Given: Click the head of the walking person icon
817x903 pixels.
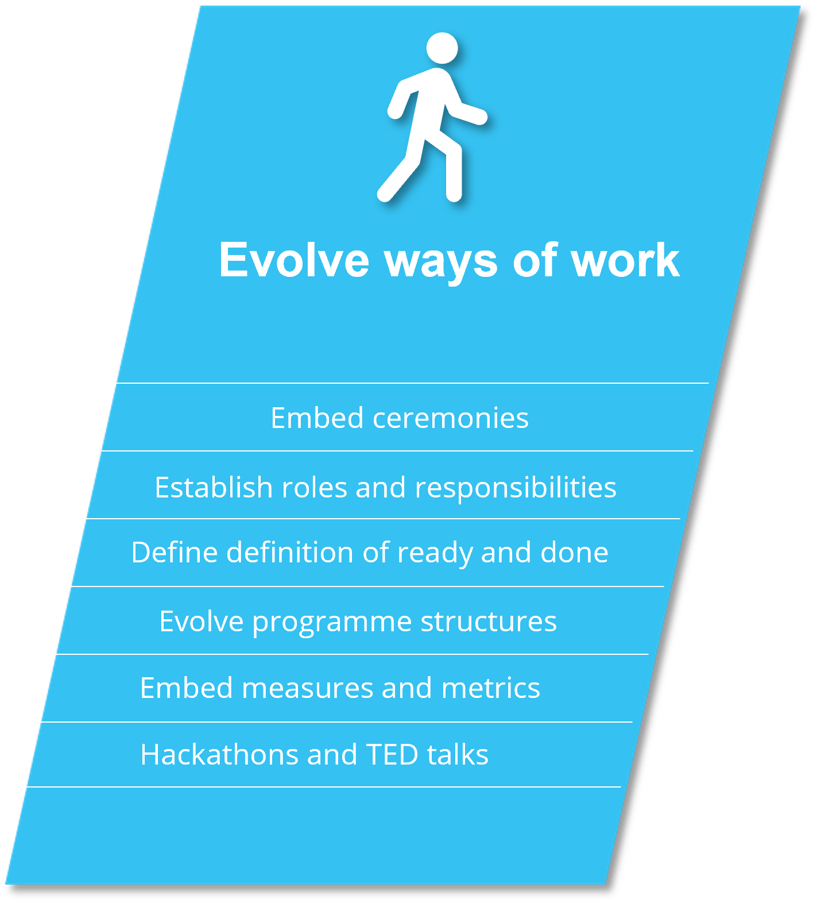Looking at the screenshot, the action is (x=442, y=48).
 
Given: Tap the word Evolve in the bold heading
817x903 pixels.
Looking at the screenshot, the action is (x=294, y=260).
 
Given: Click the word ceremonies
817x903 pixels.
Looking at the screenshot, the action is (x=451, y=419).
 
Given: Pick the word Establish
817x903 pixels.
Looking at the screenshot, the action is (x=214, y=487).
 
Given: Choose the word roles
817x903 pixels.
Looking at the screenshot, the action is (x=315, y=487).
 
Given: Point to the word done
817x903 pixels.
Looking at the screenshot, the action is (x=574, y=552).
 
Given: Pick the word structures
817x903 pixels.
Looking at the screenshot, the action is (x=489, y=622).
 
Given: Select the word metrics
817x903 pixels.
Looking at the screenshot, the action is (x=491, y=688).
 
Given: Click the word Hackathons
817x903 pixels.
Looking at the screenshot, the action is (x=220, y=755).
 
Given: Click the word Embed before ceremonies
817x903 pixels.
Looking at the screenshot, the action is (x=317, y=418).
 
